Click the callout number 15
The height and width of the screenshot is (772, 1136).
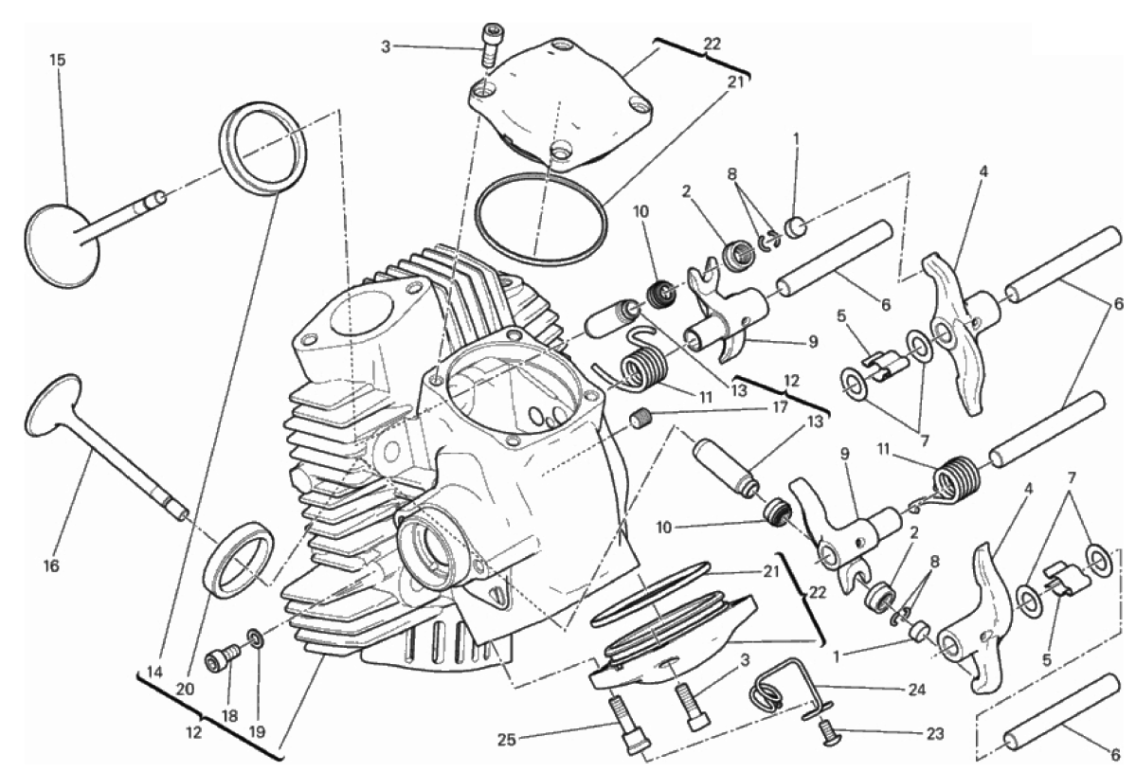coord(57,60)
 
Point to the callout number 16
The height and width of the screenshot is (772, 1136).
coord(50,566)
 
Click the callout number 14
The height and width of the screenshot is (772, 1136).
coord(154,672)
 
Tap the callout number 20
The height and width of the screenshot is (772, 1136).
coord(185,690)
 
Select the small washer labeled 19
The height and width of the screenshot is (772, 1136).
coord(255,637)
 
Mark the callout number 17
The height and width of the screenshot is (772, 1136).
coord(780,407)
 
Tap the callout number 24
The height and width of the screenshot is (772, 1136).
coord(916,691)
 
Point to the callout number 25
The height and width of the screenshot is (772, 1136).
coord(507,740)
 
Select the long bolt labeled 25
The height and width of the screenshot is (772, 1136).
coord(628,725)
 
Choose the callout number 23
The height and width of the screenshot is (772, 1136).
coord(934,734)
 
